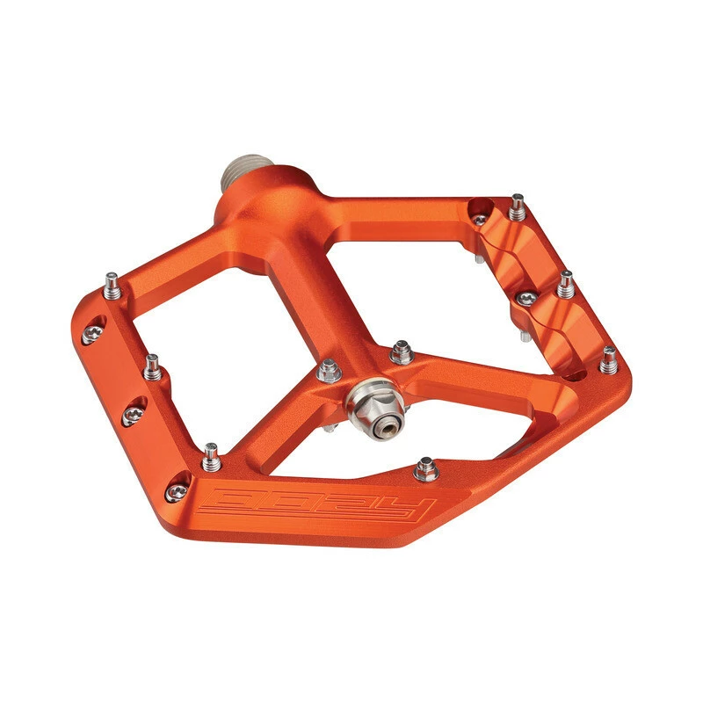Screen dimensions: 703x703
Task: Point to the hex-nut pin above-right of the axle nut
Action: pos(402,352)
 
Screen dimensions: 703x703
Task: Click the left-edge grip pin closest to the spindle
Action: pos(112,285)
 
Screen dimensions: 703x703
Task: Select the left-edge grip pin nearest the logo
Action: pos(211,454)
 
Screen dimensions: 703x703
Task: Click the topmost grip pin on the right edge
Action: pos(517,207)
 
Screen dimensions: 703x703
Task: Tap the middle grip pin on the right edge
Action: pos(566,284)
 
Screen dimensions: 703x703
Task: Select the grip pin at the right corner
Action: pos(608,359)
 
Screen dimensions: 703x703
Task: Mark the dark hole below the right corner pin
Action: pos(577,376)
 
